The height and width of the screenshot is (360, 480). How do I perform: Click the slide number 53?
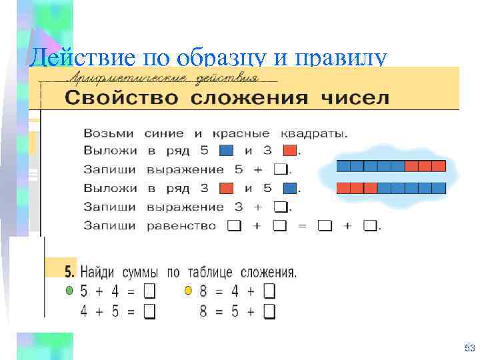468,349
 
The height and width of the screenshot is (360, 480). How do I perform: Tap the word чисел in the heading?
355,98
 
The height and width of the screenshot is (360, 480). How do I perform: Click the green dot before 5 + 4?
68,291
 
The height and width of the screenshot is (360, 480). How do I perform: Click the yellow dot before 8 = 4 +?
188,291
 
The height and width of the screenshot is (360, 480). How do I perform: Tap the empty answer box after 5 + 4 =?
149,291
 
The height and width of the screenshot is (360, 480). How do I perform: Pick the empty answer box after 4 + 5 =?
149,311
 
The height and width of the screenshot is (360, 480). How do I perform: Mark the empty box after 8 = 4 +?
269,291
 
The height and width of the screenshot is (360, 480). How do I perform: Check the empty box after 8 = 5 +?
269,311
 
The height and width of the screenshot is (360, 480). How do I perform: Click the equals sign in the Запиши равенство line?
301,226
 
